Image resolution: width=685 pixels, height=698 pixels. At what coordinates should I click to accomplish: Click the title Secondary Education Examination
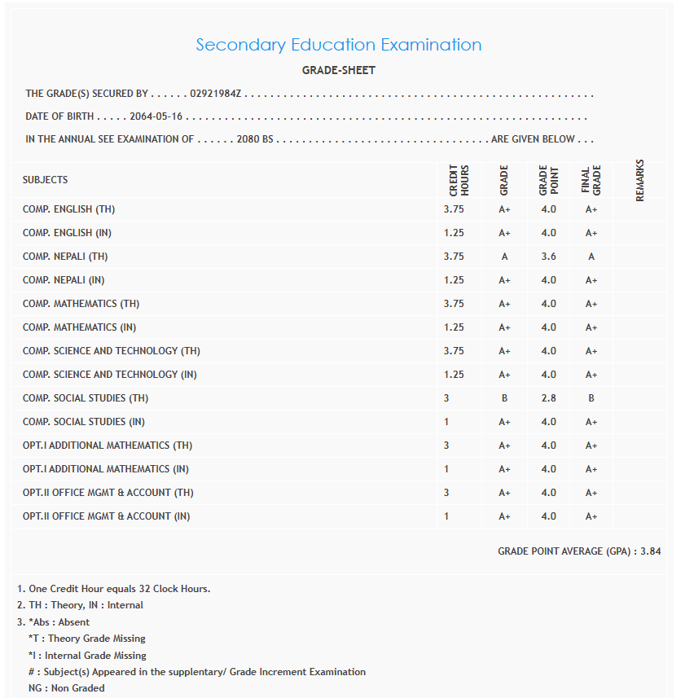pyautogui.click(x=338, y=45)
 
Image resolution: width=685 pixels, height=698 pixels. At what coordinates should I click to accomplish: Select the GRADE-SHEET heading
pyautogui.click(x=338, y=70)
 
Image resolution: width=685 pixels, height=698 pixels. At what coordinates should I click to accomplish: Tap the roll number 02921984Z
pyautogui.click(x=216, y=94)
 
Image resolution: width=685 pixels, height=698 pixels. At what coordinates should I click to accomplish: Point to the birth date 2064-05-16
pyautogui.click(x=156, y=116)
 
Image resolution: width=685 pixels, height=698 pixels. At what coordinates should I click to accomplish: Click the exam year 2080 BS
pyautogui.click(x=255, y=139)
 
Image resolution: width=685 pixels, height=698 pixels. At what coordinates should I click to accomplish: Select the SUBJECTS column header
pyautogui.click(x=46, y=180)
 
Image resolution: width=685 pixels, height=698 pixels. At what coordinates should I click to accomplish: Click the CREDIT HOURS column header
pyautogui.click(x=459, y=180)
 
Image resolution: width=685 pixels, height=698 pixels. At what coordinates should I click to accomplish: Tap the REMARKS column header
pyautogui.click(x=639, y=180)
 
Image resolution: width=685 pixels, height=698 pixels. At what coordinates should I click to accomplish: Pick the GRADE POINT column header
pyautogui.click(x=548, y=180)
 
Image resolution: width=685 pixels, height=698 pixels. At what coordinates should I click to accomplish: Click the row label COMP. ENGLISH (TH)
pyautogui.click(x=68, y=209)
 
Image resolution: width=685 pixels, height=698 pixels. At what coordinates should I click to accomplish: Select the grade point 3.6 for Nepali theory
pyautogui.click(x=548, y=257)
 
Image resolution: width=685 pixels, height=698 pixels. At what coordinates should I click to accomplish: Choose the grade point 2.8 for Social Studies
pyautogui.click(x=548, y=398)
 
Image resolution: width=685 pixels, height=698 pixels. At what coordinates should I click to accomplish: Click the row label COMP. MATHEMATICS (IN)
pyautogui.click(x=79, y=327)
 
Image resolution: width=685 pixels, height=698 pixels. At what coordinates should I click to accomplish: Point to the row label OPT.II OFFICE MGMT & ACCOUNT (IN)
pyautogui.click(x=106, y=516)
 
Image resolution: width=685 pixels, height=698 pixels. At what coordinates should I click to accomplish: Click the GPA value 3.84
pyautogui.click(x=650, y=551)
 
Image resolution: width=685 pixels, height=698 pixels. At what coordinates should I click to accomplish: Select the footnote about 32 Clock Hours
pyautogui.click(x=113, y=589)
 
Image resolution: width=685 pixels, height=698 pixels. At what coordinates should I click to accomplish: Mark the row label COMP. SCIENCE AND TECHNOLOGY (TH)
pyautogui.click(x=111, y=351)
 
